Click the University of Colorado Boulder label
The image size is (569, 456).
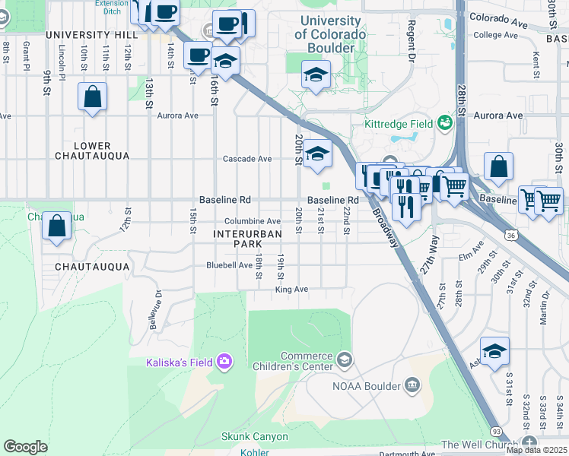[x=330, y=34]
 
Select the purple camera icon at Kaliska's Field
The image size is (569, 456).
[x=224, y=361]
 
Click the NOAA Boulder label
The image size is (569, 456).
[x=366, y=386]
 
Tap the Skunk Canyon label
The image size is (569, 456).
[x=255, y=436]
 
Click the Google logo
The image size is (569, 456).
[x=25, y=446]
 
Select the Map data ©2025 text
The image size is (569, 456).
[x=537, y=450]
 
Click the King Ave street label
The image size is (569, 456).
[x=291, y=290]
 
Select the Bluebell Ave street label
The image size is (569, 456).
[x=229, y=265]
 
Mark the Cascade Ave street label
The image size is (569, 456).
[x=246, y=159]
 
